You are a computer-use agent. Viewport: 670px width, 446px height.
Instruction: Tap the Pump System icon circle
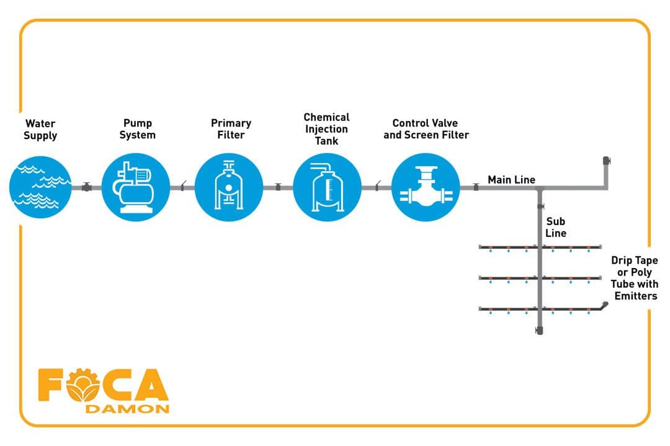click(135, 187)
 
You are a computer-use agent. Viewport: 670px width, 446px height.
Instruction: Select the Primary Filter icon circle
click(228, 187)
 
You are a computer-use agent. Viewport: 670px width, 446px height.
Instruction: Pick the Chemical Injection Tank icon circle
click(327, 187)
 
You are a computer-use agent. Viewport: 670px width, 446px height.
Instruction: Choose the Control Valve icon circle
click(426, 187)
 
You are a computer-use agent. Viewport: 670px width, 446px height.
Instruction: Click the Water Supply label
click(40, 129)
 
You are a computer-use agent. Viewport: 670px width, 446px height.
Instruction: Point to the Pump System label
click(137, 129)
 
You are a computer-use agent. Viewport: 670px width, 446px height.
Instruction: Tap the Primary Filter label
click(231, 129)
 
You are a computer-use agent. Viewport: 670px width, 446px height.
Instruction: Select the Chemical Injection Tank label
click(326, 129)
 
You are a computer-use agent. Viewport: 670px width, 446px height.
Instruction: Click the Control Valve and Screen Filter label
click(426, 129)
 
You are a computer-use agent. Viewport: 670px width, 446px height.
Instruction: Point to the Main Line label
click(511, 180)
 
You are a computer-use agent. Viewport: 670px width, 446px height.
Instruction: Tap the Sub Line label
click(555, 227)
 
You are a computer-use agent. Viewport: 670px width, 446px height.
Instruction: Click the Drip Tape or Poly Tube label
click(634, 278)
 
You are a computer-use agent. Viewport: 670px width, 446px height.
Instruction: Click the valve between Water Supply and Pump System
click(86, 187)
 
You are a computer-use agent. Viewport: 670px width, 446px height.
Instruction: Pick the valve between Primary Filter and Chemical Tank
click(278, 187)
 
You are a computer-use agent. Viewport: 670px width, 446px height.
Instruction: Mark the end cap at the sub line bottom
click(539, 331)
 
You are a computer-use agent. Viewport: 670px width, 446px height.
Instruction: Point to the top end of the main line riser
click(607, 161)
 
